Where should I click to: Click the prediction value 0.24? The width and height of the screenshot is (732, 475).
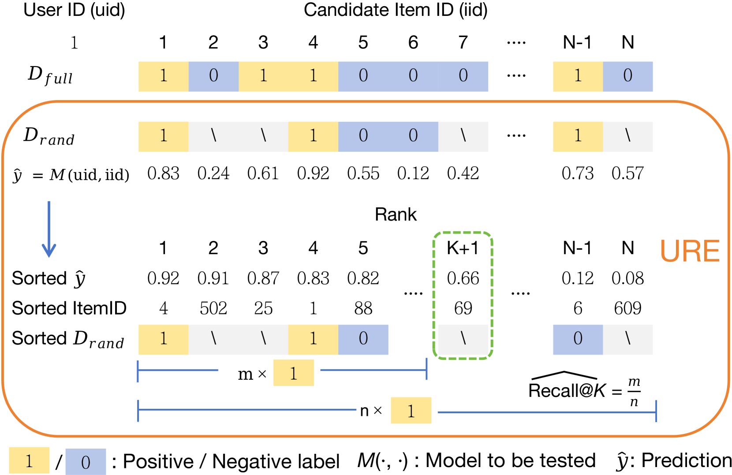coord(213,173)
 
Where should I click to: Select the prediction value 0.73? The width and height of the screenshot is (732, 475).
coord(577,173)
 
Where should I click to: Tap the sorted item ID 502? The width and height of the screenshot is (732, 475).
coord(213,308)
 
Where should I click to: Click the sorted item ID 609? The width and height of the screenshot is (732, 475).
coord(627,308)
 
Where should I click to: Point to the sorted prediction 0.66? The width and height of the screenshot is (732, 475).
coord(463,278)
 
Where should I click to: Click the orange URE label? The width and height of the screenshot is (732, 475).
coord(690,251)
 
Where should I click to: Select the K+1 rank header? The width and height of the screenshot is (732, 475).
coord(463,248)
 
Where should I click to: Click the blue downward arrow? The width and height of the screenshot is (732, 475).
coord(49,229)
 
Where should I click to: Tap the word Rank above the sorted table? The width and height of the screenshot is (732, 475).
coord(396,214)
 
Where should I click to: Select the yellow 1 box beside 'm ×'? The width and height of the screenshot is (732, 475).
coord(293,373)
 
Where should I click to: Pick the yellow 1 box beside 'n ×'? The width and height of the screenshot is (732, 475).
coord(411,411)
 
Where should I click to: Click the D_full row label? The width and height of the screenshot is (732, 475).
coord(50,76)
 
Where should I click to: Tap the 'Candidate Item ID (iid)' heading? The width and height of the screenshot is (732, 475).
coord(396,10)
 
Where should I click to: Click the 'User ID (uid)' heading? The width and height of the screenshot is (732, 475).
coord(74,10)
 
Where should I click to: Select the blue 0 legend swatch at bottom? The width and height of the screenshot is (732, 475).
coord(86,462)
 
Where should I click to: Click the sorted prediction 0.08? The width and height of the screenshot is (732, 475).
coord(627,278)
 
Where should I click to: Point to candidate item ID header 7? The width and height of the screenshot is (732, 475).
coord(463,43)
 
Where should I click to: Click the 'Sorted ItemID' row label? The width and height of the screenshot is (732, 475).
coord(69,308)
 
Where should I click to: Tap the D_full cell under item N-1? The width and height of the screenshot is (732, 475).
coord(578,76)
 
